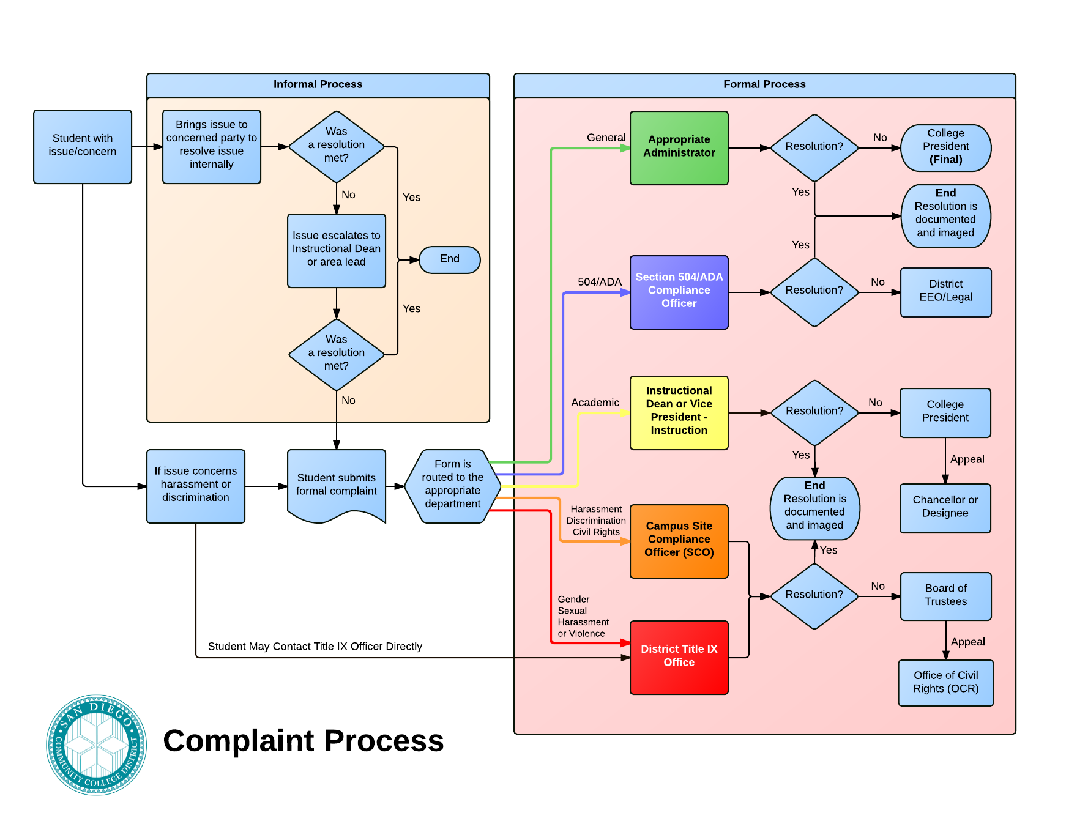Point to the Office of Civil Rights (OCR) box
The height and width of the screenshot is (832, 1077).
tap(945, 683)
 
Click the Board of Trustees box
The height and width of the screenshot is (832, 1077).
tap(945, 596)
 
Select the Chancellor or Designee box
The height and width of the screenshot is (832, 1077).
tap(945, 508)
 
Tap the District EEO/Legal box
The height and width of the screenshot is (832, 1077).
tap(945, 292)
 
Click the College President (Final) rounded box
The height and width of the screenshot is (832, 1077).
tap(945, 147)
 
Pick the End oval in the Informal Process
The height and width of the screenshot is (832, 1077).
tap(450, 259)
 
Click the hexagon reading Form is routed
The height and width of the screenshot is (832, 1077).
tap(453, 486)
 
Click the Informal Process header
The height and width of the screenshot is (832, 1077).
tap(318, 85)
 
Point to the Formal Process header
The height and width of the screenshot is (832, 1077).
tap(764, 85)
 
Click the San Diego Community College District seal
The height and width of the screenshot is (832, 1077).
tap(97, 745)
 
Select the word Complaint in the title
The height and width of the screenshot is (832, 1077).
tap(239, 741)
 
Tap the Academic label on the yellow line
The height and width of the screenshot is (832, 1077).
tap(595, 403)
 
